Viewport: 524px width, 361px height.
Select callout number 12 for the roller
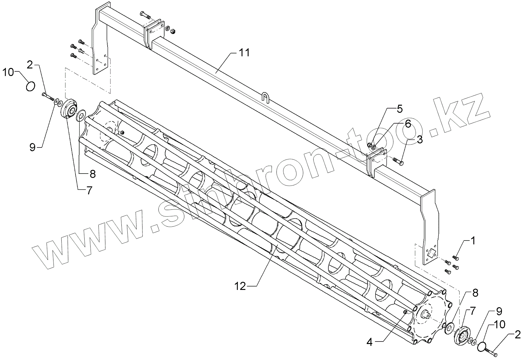[x=241, y=286]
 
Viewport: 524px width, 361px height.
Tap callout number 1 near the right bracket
[x=473, y=241]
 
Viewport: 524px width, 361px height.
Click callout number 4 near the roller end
[x=370, y=342]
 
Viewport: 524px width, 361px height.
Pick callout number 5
[x=399, y=109]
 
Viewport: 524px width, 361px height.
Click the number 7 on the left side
[x=89, y=191]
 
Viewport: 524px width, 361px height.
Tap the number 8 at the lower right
[x=475, y=293]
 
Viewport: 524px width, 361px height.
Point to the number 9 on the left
[x=33, y=147]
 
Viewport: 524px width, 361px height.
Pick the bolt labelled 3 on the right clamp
[x=399, y=162]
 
